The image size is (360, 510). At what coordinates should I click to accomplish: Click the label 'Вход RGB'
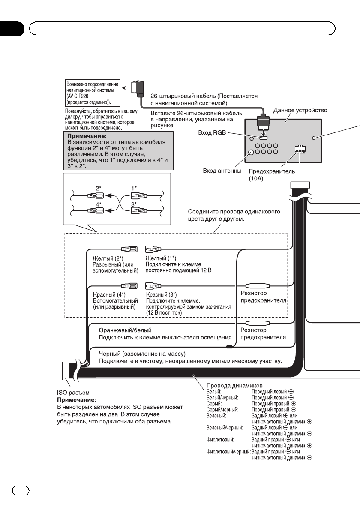coord(212,133)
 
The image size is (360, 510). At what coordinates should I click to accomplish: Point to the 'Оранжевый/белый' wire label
coord(125,330)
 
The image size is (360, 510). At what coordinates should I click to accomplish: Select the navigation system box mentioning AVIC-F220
coord(91,92)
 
